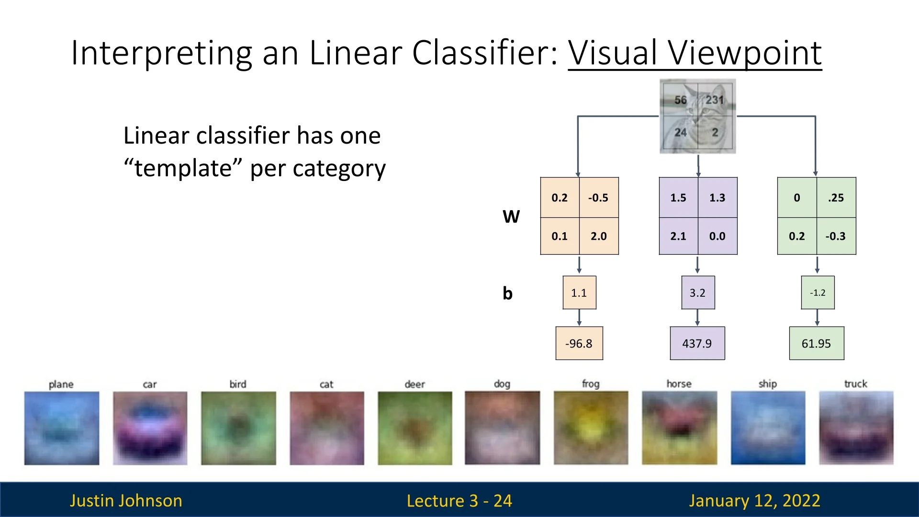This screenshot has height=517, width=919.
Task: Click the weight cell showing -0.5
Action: point(599,197)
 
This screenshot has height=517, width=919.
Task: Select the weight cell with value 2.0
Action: point(599,236)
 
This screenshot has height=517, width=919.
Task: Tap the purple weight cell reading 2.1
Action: point(678,236)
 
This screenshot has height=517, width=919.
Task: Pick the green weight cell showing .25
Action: point(836,197)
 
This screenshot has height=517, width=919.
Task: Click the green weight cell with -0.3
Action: point(836,236)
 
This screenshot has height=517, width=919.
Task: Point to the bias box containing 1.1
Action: point(579,292)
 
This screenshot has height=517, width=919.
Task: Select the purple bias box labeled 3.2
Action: point(698,292)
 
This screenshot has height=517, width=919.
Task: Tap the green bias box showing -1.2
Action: point(818,292)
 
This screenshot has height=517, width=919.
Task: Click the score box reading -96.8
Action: point(579,343)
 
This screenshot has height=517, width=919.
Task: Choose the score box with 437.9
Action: point(697,343)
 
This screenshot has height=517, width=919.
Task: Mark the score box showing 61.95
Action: point(817,343)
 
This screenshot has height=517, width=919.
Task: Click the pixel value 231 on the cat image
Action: point(715,100)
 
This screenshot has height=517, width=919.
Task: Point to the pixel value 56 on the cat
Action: point(681,100)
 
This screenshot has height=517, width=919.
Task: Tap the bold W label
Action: point(511,216)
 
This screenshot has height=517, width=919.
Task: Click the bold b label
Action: point(507,293)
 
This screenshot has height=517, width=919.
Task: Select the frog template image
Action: point(591,428)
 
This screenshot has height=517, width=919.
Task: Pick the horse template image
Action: point(679,428)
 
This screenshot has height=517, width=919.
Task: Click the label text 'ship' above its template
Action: point(768,383)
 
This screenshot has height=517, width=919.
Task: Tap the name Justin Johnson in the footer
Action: point(126,500)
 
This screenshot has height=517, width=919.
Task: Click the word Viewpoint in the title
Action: point(745,53)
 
